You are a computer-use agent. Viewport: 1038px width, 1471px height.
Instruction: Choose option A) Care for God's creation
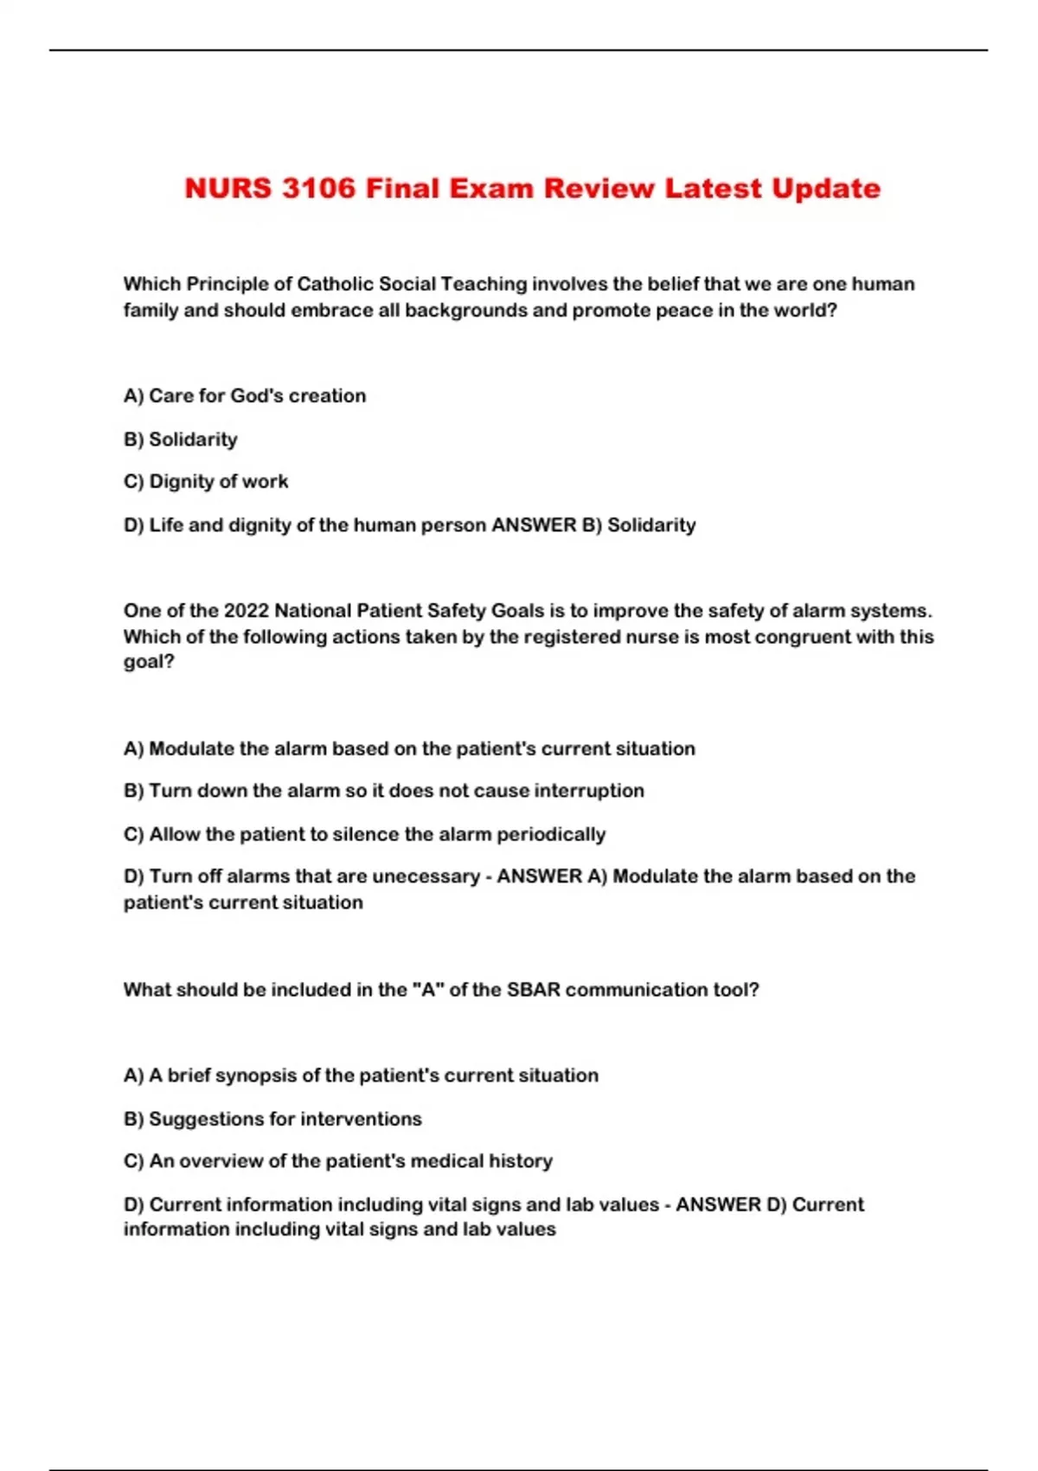[245, 395]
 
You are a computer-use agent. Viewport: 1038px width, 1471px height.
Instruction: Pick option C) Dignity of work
[206, 481]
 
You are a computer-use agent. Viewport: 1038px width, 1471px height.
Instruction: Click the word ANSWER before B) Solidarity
[534, 524]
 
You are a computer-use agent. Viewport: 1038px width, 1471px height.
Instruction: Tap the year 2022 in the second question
[246, 610]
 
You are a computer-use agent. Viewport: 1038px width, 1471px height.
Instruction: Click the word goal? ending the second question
[149, 662]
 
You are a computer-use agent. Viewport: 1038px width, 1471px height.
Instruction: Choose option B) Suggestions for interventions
[272, 1118]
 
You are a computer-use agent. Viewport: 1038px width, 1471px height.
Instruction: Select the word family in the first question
[151, 310]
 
